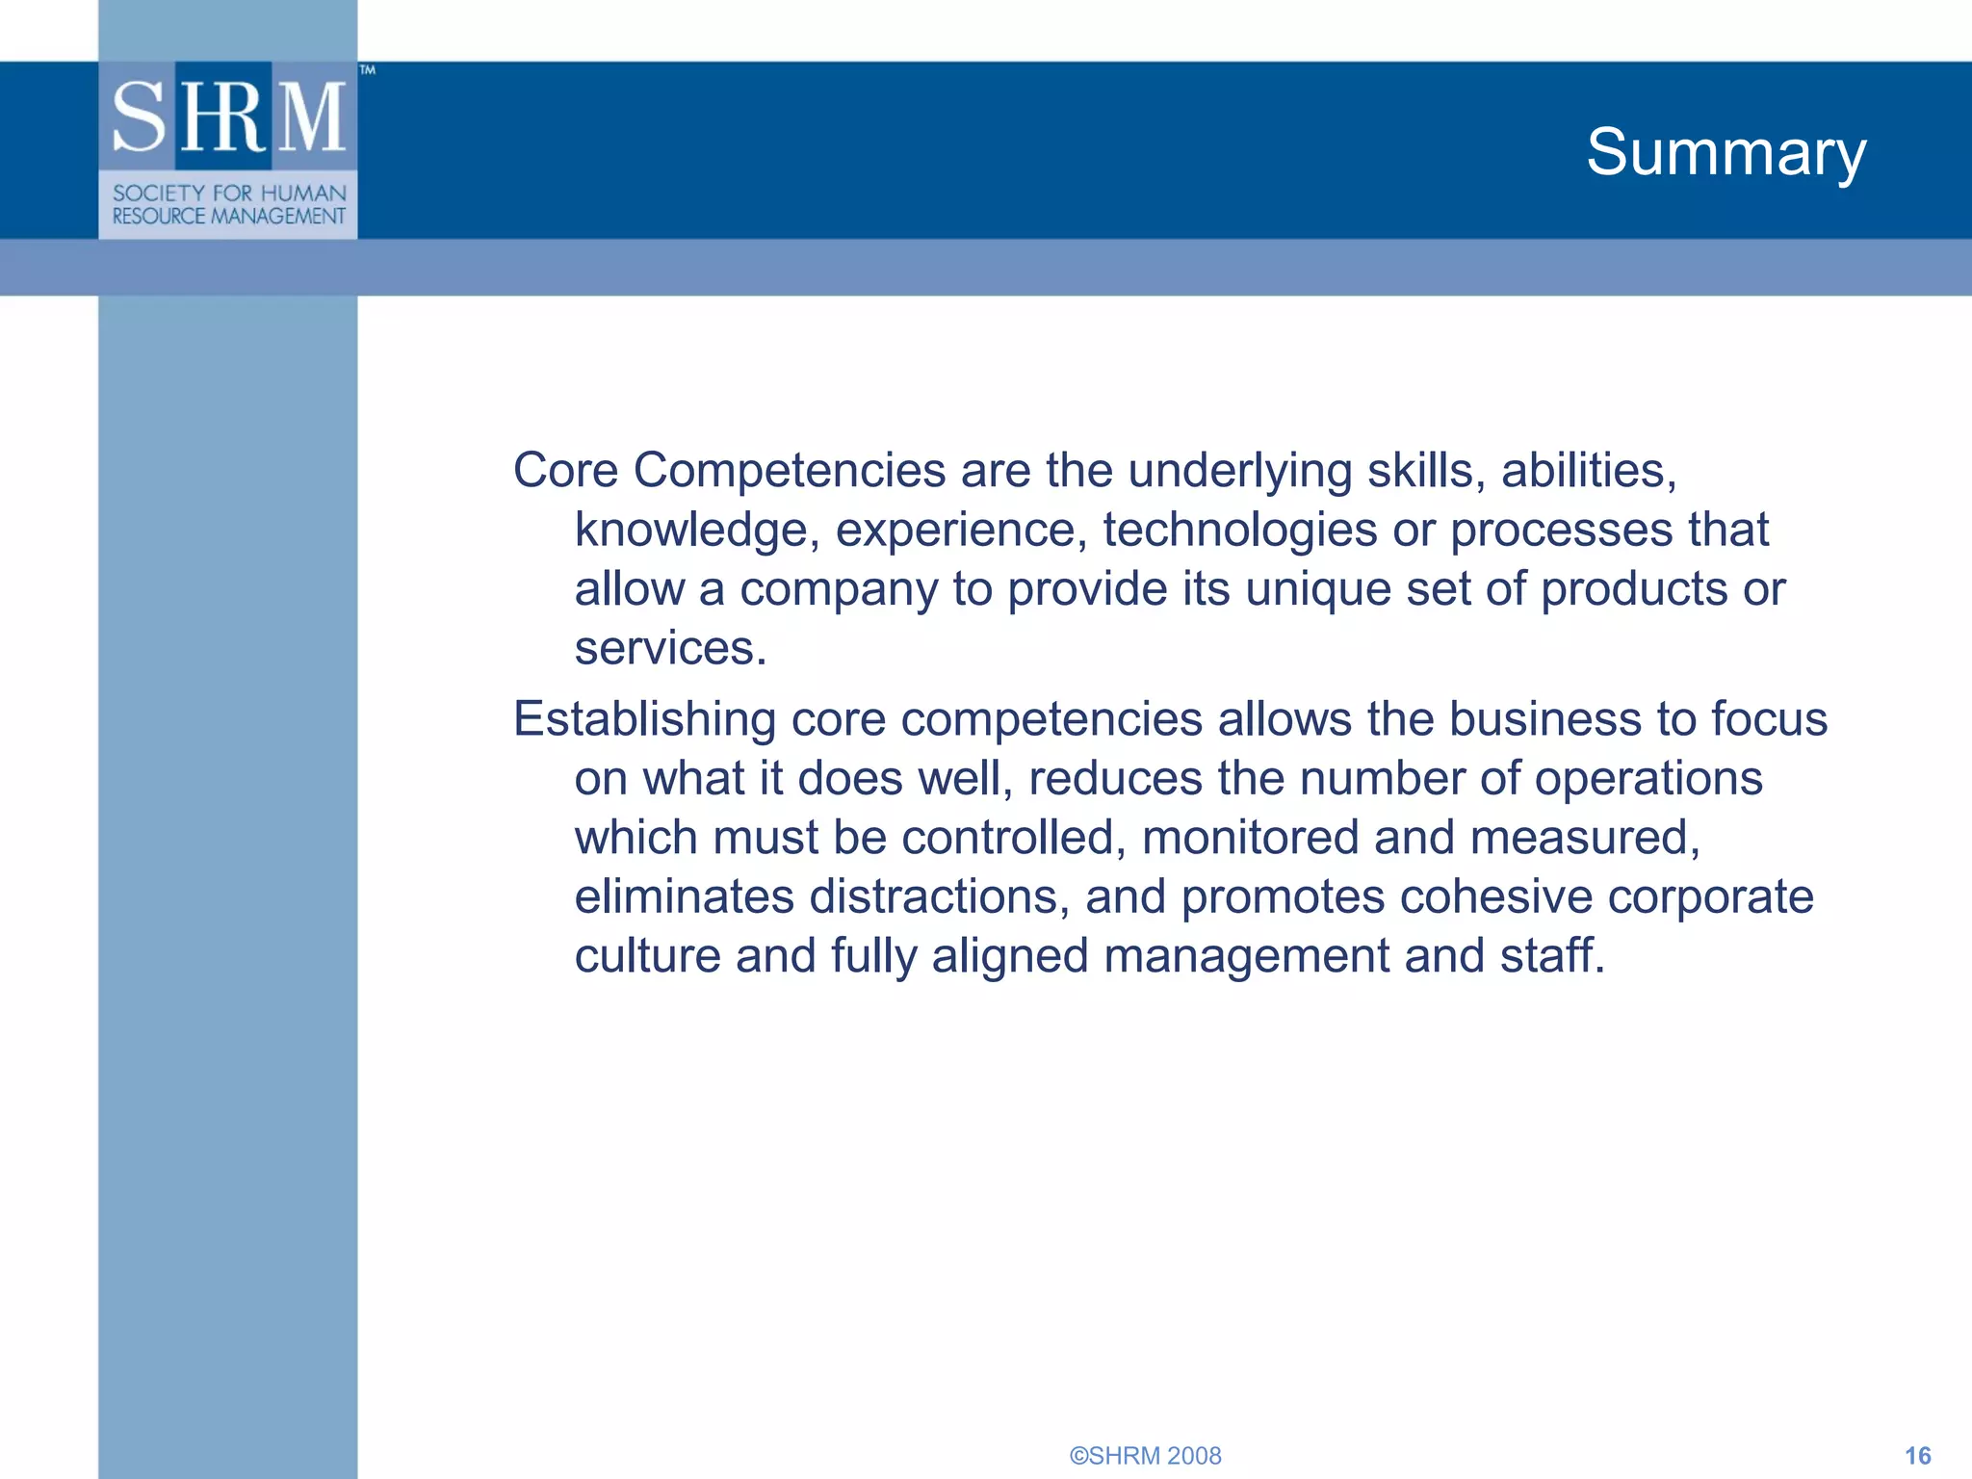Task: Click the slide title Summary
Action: [1725, 152]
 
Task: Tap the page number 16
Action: [1917, 1455]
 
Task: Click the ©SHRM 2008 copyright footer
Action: [1145, 1455]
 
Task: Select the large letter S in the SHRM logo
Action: [141, 117]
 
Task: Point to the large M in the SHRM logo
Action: [312, 117]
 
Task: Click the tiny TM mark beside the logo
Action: [367, 70]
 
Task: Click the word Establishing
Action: [644, 719]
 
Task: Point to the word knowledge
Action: [690, 531]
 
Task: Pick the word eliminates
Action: [684, 896]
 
